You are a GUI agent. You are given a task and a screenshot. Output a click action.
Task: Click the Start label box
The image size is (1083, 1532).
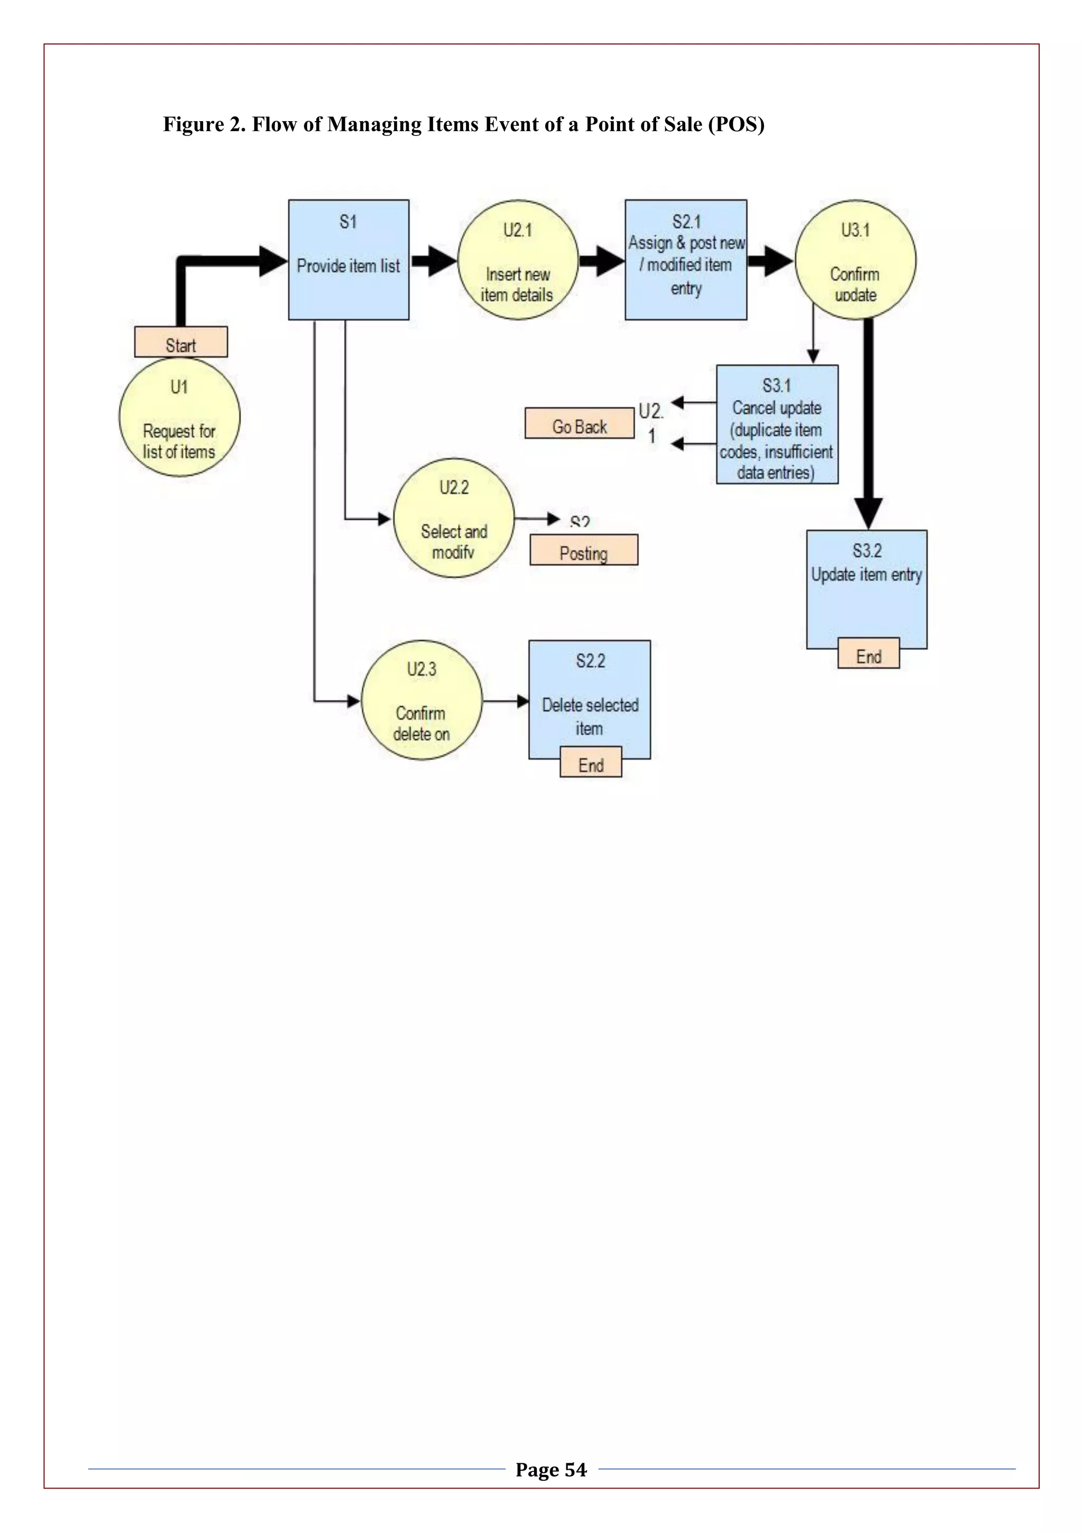click(181, 342)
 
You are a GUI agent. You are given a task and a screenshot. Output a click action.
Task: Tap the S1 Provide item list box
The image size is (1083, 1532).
click(348, 260)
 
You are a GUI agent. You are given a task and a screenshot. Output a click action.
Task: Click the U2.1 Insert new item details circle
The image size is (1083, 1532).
click(518, 260)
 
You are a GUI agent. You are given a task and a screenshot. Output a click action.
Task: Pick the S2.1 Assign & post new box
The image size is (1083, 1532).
click(685, 260)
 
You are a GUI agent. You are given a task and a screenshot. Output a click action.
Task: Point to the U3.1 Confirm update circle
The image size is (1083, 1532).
click(855, 260)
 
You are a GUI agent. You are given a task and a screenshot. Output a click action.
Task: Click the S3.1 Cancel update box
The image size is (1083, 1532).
click(777, 424)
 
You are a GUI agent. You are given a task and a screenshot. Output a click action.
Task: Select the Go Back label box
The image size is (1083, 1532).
click(579, 424)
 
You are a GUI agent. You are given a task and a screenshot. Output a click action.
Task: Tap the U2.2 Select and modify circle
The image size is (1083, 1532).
click(454, 518)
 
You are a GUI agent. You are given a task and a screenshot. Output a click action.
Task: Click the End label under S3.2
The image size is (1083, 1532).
click(868, 654)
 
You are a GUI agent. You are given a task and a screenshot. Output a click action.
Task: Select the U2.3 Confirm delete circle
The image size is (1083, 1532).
click(421, 700)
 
